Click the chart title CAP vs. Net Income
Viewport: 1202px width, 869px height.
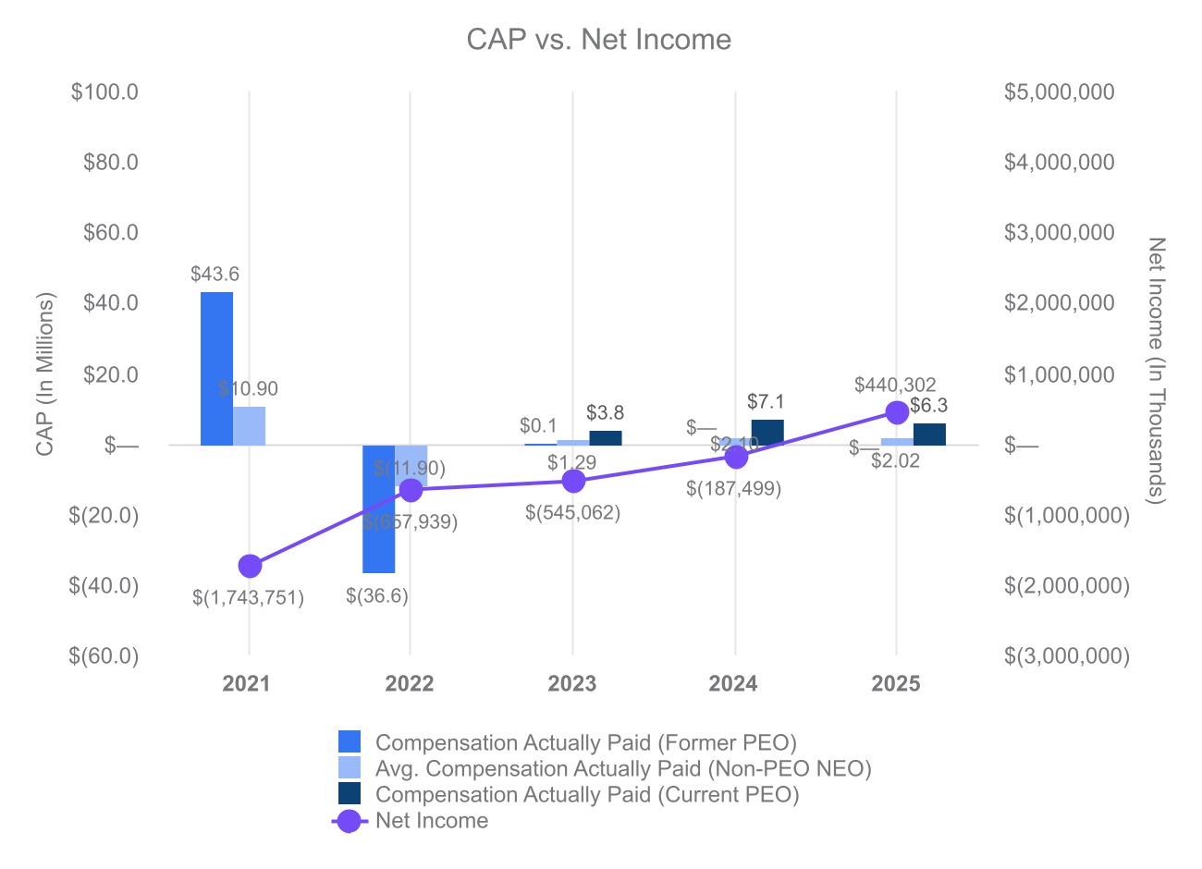coord(598,40)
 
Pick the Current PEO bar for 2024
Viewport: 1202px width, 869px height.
coord(767,432)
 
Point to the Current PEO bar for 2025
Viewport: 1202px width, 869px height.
coord(929,434)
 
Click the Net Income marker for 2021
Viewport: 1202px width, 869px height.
coord(250,566)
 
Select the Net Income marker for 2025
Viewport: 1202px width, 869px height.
coord(896,411)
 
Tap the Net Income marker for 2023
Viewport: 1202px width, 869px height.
coord(573,481)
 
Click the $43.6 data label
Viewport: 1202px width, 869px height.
coord(215,274)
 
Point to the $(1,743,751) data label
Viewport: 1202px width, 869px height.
coord(248,597)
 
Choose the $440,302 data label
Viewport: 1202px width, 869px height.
coord(895,385)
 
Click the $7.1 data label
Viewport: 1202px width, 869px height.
coord(766,401)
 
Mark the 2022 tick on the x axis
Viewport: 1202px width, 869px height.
coord(410,684)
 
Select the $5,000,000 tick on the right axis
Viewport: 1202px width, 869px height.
coord(1059,92)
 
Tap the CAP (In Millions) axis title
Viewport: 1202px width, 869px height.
coord(45,374)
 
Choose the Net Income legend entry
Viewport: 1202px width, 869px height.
coord(431,821)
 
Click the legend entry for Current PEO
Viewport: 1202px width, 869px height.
coord(586,795)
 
